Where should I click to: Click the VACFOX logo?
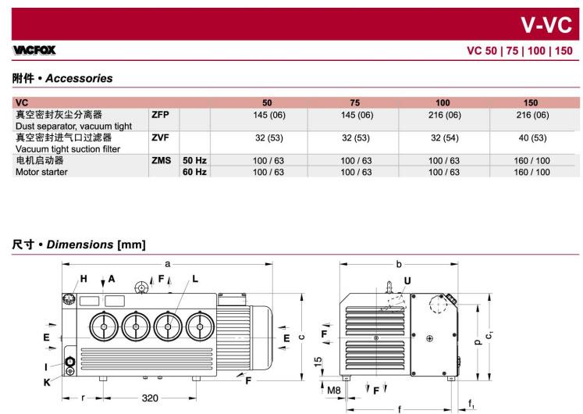[34, 50]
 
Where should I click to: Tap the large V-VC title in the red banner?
[546, 25]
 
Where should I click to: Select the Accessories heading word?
[79, 78]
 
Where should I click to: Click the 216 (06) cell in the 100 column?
[444, 115]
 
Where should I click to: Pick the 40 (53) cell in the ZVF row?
[532, 138]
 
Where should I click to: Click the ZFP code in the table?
[160, 115]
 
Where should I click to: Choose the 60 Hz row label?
[194, 172]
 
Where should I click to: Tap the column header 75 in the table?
[354, 102]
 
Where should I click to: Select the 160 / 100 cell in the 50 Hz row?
[531, 161]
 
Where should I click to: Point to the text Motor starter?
[41, 172]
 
